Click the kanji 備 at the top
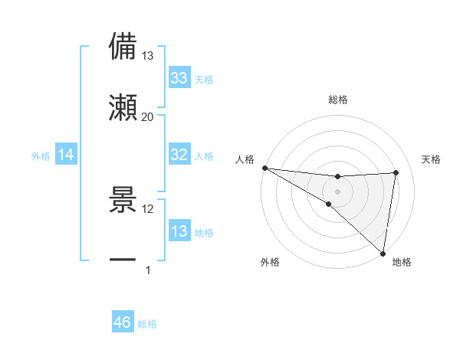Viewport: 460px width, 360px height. [x=123, y=45]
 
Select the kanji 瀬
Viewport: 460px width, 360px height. [x=123, y=108]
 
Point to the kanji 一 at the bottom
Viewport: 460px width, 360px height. [x=123, y=261]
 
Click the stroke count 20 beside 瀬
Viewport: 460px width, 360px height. [x=147, y=117]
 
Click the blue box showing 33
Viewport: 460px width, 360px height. [x=179, y=78]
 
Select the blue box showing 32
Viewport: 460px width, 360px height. [x=179, y=155]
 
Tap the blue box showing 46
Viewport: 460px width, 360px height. [x=123, y=323]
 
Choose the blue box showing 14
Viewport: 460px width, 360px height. [x=66, y=155]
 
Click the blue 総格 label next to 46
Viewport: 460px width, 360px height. [x=147, y=324]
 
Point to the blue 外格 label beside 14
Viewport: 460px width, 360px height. [x=41, y=155]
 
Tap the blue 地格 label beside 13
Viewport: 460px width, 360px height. [x=204, y=232]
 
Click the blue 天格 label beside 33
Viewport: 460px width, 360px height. [x=204, y=79]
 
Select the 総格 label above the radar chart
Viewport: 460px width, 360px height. [x=337, y=100]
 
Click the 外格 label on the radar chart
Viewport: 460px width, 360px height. [x=270, y=262]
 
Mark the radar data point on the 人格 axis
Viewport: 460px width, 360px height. [x=264, y=167]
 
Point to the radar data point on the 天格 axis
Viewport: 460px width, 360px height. [x=396, y=172]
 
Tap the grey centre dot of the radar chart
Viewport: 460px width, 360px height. [x=337, y=190]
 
